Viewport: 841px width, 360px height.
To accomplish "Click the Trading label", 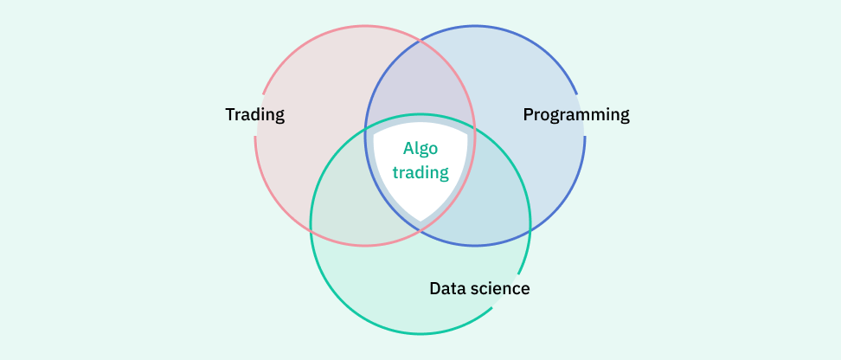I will coord(254,114).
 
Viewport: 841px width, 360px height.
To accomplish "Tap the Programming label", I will coord(576,114).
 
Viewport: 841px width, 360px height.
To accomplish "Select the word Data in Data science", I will coord(447,288).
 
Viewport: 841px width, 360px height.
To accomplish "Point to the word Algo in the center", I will coord(420,149).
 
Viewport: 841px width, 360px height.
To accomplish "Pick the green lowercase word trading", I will coord(420,172).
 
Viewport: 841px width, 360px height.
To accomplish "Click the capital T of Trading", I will coord(230,114).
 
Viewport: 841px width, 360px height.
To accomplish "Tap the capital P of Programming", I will coord(529,114).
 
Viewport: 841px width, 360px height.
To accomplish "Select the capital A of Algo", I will coord(408,149).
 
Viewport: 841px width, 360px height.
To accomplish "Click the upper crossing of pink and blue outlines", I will coord(420,40).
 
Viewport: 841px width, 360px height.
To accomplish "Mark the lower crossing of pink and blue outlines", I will coord(420,231).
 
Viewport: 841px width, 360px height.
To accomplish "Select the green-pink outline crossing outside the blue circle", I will coord(311,230).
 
